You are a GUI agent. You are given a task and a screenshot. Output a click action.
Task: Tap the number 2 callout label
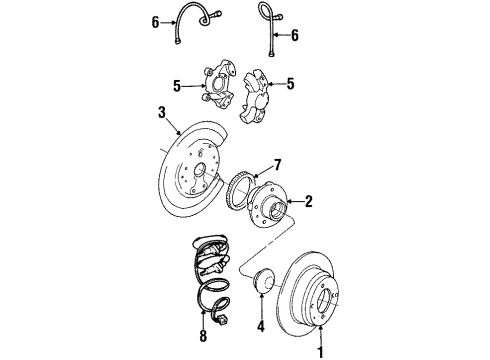click(x=309, y=201)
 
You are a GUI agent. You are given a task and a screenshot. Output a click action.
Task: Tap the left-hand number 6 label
click(x=155, y=20)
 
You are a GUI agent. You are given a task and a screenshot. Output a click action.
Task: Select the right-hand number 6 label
click(x=294, y=34)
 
